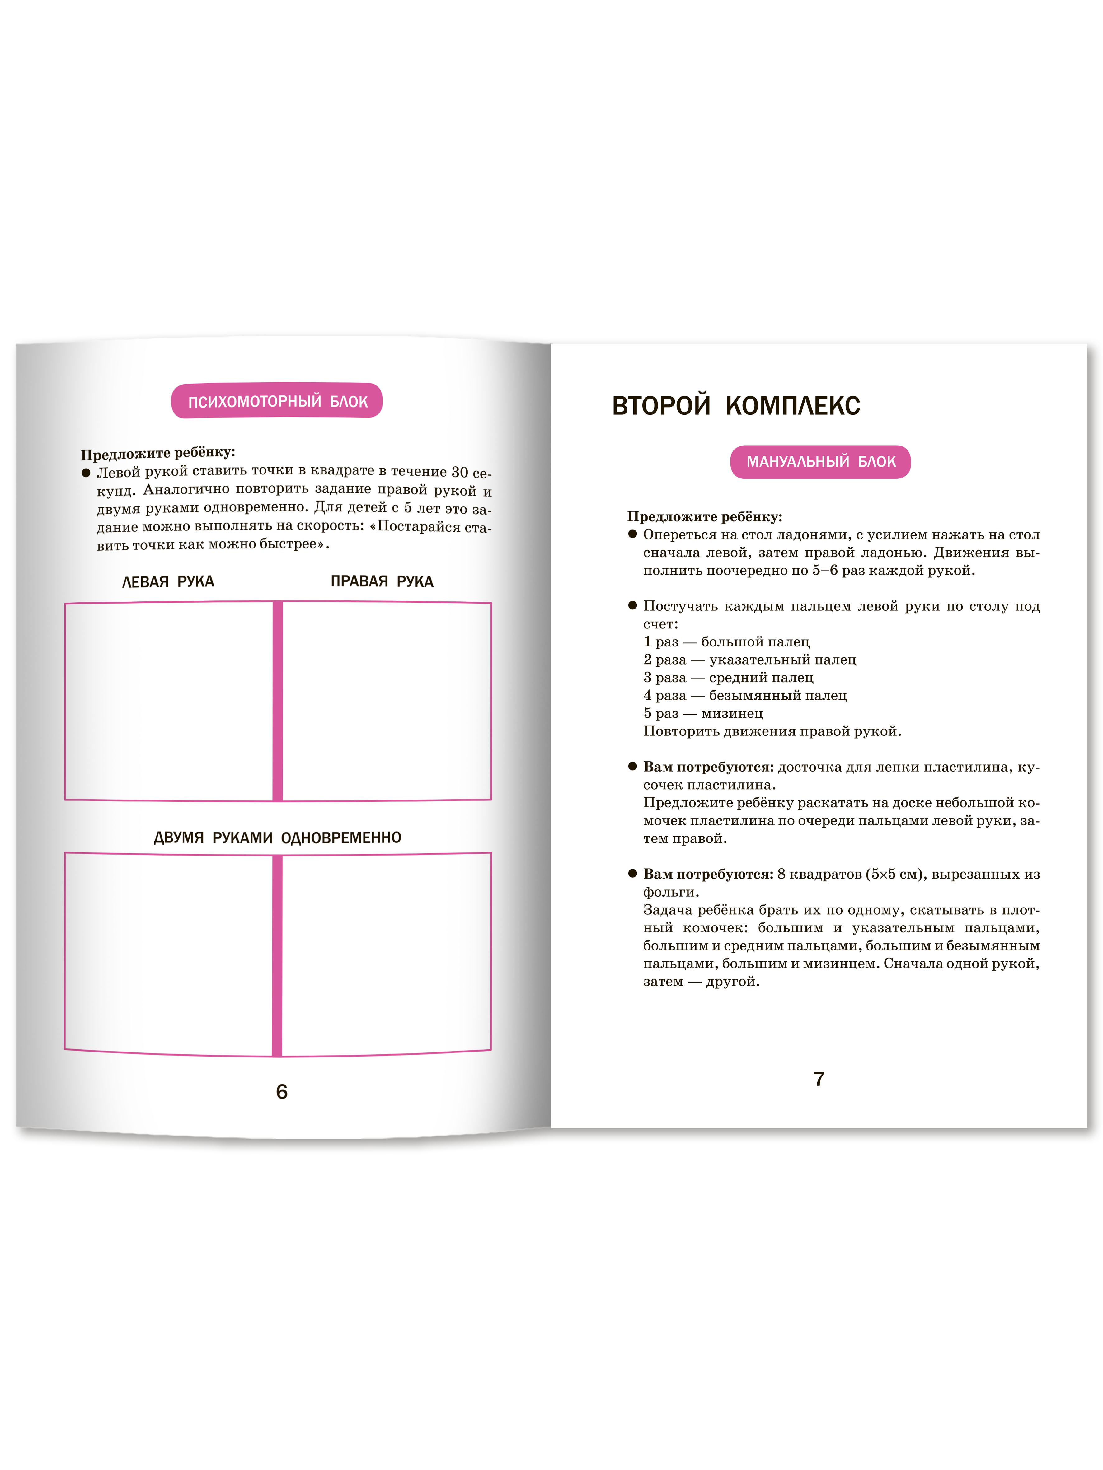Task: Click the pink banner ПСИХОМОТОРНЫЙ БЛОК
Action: pos(277,401)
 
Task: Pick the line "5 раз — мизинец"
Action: pos(703,713)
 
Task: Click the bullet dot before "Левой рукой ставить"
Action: pos(86,473)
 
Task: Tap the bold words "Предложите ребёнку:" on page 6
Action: pos(157,453)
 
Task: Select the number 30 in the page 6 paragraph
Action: pos(459,472)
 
